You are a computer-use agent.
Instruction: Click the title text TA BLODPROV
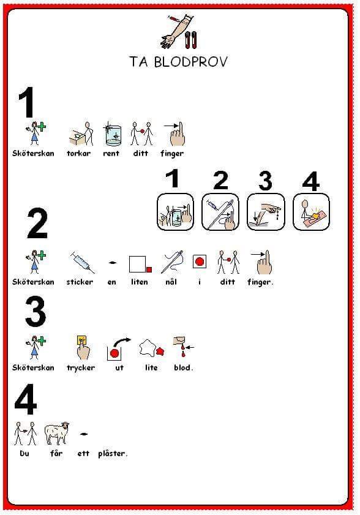coord(178,62)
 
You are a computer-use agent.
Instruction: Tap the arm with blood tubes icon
coord(179,31)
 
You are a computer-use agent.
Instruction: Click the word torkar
coord(78,153)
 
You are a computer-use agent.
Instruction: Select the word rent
coord(111,153)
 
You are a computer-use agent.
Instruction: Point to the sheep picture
coord(57,433)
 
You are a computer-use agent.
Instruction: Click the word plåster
coord(113,454)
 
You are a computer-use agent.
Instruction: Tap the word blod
coord(183,367)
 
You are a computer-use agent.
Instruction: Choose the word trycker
coord(81,368)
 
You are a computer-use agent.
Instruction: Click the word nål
coord(171,282)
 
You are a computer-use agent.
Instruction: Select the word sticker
coord(80,282)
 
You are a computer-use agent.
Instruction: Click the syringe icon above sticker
coord(82,262)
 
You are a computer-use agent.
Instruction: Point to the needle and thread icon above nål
coord(172,261)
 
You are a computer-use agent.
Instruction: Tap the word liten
coord(139,282)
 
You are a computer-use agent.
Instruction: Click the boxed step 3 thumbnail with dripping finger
coord(265,212)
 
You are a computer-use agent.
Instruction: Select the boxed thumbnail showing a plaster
coord(311,212)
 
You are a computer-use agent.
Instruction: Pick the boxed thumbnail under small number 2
coord(220,212)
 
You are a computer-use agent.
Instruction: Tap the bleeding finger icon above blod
coord(183,346)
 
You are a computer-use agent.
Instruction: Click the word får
coord(56,454)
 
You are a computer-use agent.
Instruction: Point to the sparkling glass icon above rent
coord(113,133)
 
